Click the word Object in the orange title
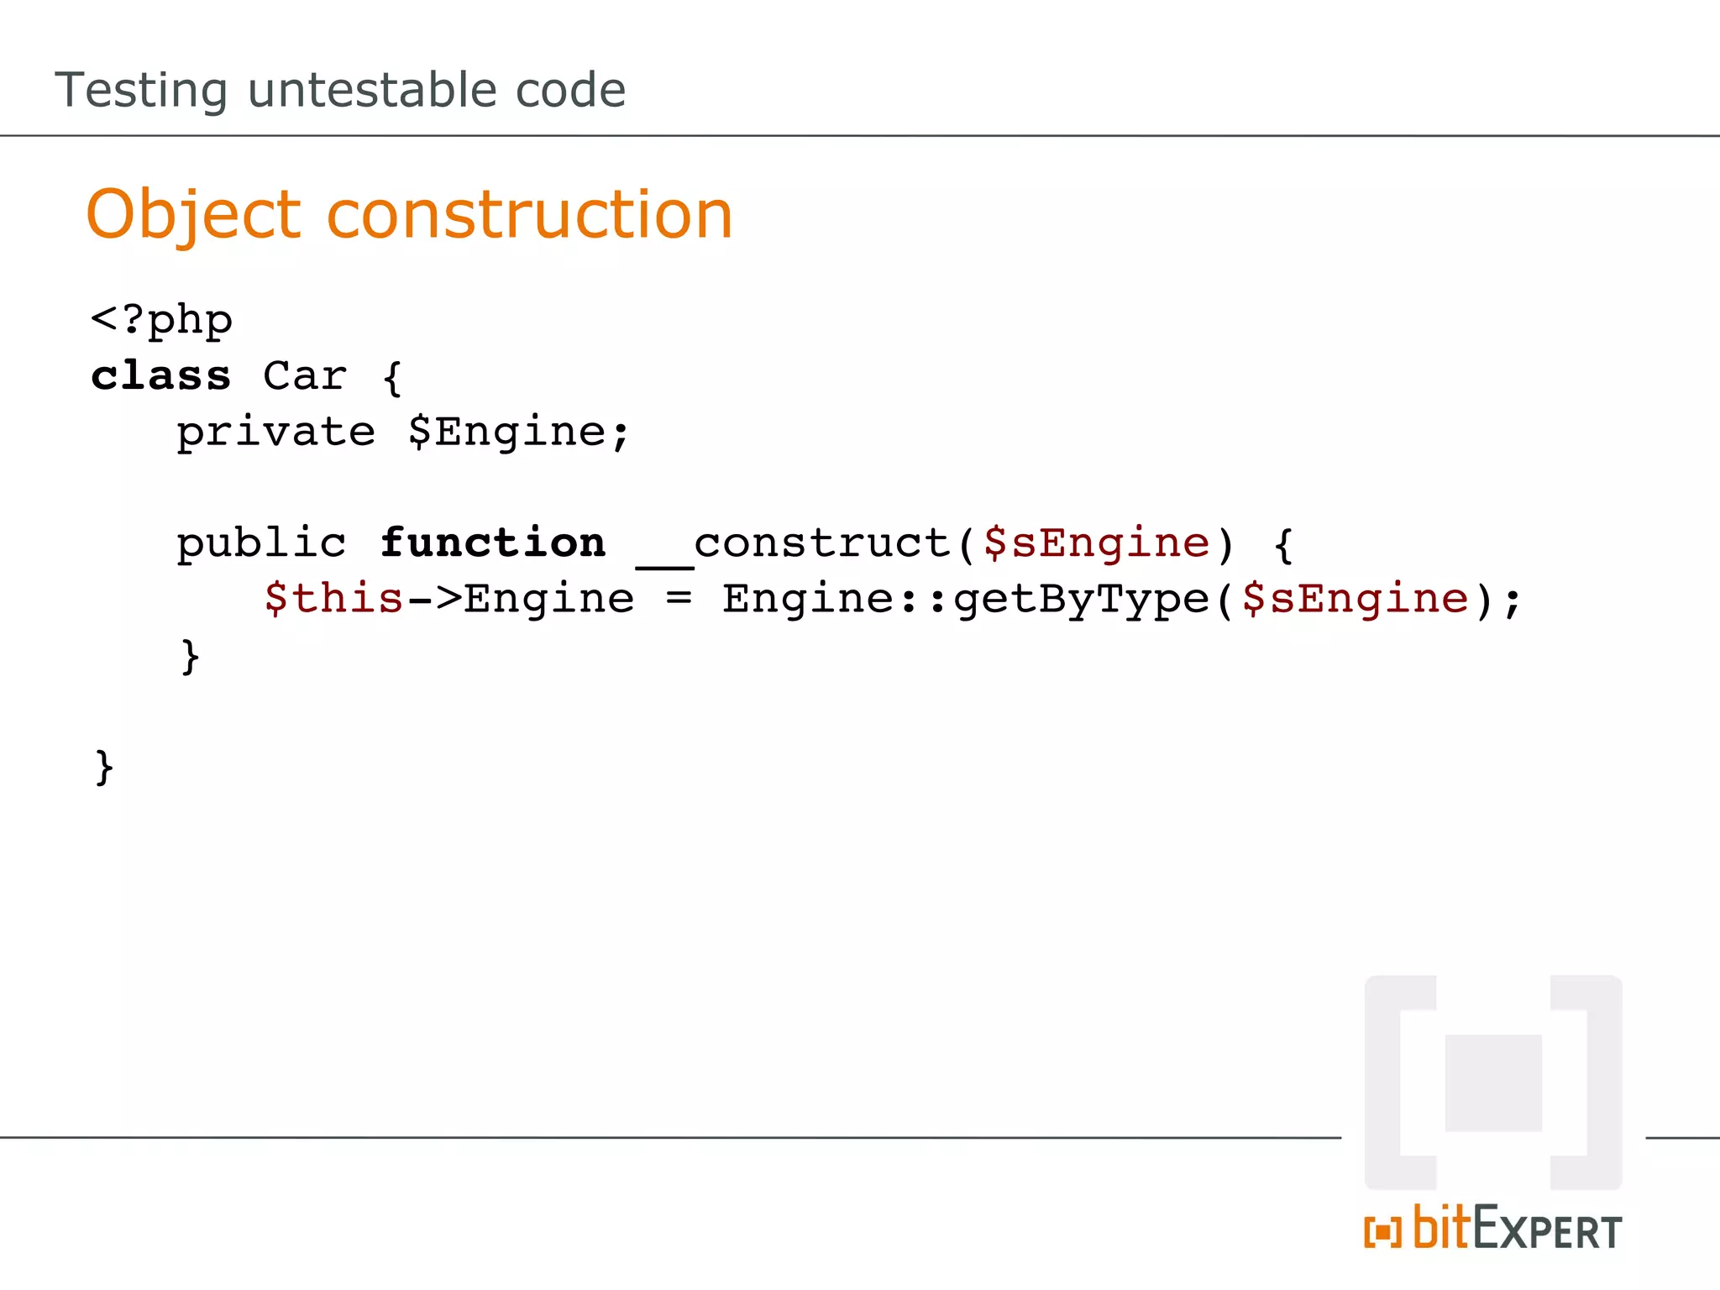[x=193, y=216]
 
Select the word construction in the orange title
[x=529, y=215]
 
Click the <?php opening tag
[x=161, y=320]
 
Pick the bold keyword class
[x=160, y=375]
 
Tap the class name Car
[x=304, y=375]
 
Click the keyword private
[x=275, y=433]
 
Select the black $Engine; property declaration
[x=518, y=433]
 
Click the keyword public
[x=261, y=543]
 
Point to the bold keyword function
[x=492, y=543]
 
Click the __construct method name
[x=794, y=544]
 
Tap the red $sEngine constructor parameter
[x=1096, y=543]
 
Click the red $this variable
[x=334, y=599]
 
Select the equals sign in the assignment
[x=679, y=598]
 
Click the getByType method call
[x=1082, y=600]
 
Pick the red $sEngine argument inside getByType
[x=1355, y=599]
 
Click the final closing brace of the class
[x=104, y=767]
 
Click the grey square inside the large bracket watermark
[x=1493, y=1083]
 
